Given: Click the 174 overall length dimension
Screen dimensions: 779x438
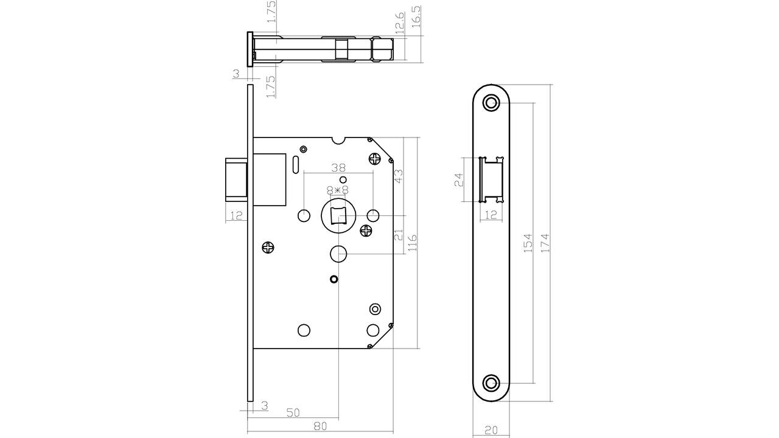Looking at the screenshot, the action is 545,243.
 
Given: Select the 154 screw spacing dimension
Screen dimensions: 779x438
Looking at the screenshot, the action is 528,243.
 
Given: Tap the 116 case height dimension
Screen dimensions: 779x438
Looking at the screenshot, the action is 412,243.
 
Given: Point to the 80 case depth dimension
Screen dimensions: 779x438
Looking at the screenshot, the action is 320,425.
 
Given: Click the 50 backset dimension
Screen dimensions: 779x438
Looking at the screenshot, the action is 293,412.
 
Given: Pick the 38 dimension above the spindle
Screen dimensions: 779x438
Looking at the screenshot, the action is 338,167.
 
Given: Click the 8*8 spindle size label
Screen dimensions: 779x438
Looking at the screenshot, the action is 338,190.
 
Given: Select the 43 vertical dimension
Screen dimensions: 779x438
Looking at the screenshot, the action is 398,176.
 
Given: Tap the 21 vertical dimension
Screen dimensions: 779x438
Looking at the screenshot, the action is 398,235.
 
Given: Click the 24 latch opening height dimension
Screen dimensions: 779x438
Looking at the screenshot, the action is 459,179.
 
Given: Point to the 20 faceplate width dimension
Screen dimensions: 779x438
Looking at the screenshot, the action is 491,430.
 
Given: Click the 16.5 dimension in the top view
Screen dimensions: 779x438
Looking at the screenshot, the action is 416,16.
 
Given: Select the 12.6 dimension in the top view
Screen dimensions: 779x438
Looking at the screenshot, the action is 400,23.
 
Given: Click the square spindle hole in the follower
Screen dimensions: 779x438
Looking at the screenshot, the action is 338,216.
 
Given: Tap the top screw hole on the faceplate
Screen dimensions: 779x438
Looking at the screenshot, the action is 491,103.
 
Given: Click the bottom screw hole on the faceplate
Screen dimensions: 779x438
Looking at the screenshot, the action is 491,383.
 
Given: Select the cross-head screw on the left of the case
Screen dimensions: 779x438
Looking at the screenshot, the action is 268,248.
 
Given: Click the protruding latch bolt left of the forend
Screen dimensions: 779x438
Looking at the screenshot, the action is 237,180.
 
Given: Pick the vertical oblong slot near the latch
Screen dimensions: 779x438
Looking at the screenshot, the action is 295,165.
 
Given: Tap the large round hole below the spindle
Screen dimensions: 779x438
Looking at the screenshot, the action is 338,254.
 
